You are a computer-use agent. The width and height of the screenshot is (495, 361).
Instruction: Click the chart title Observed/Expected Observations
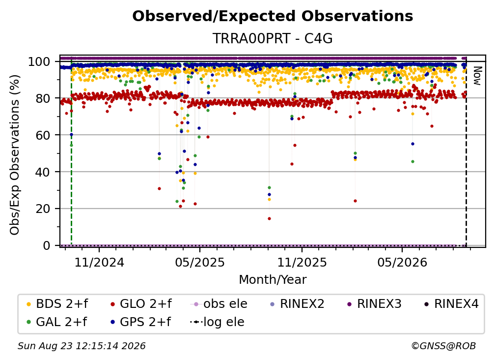(273, 16)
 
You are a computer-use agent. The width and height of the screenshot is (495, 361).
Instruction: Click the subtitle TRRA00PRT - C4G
(273, 38)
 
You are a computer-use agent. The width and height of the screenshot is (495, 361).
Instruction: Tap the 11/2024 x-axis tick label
(99, 263)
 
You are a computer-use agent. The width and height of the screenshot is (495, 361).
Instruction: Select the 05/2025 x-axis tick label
(199, 263)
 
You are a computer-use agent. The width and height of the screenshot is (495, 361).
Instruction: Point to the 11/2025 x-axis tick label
(302, 263)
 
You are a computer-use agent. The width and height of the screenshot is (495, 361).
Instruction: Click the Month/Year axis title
(273, 280)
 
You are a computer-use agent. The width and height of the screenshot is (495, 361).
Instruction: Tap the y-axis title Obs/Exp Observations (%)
(15, 155)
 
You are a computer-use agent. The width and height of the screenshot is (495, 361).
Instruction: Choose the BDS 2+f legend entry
(57, 304)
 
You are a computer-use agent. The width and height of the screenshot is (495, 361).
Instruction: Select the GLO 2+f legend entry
(140, 304)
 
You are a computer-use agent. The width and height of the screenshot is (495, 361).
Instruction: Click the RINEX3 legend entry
(374, 304)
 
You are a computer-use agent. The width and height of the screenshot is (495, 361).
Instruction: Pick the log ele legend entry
(217, 322)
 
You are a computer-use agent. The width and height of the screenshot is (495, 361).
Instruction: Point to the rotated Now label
(477, 76)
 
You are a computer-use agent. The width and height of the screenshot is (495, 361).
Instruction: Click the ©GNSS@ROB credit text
(443, 346)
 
